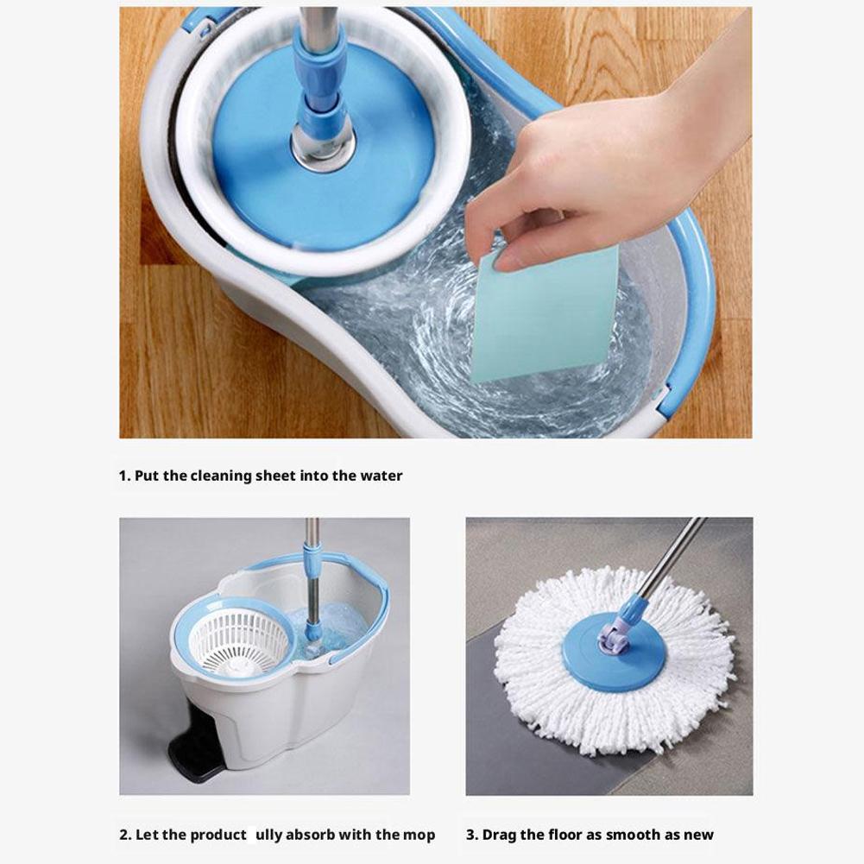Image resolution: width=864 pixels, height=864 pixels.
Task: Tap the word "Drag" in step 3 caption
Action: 499,835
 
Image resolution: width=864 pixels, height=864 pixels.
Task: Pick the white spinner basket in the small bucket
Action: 240,644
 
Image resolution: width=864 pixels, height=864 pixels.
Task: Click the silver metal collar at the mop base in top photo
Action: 323,146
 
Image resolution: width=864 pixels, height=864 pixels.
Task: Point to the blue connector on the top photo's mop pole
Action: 319,74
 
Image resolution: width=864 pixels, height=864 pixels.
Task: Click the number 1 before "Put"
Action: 123,476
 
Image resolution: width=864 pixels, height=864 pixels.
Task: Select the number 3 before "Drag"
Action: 471,835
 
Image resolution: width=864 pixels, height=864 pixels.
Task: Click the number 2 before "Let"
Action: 124,835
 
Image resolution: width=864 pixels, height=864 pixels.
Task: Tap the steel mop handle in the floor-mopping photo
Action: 673,556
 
